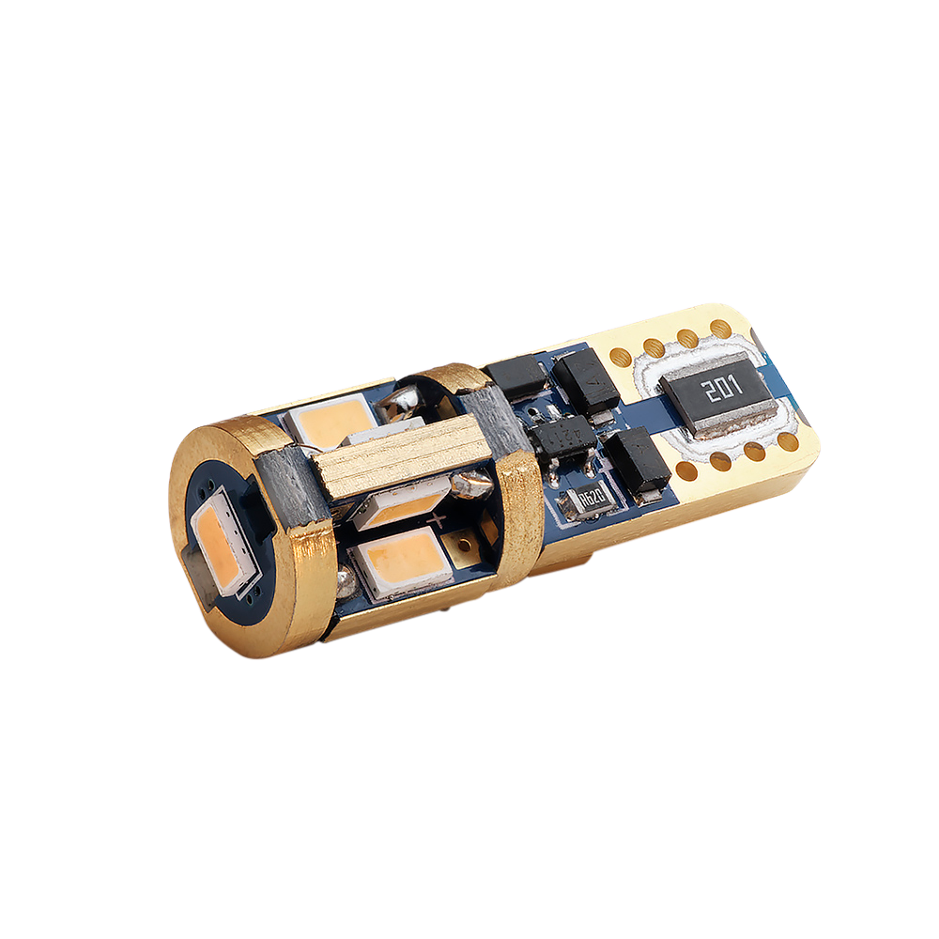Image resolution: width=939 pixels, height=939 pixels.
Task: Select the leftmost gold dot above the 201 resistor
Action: click(621, 358)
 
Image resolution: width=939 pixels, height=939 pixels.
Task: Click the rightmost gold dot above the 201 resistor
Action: click(721, 328)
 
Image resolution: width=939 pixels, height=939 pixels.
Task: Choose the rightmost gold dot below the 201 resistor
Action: click(788, 441)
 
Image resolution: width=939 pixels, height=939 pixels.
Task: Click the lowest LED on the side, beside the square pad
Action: click(400, 562)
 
